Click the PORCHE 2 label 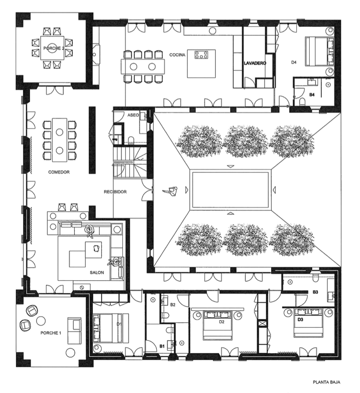[52, 48]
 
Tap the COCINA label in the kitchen [178, 55]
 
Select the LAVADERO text [255, 63]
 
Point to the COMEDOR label [59, 172]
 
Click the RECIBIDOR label [115, 192]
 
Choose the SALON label [97, 272]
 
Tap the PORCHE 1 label [51, 333]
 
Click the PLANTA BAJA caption [326, 382]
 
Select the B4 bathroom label [312, 95]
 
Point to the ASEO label [133, 115]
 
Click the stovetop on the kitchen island [201, 55]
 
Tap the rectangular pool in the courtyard [231, 190]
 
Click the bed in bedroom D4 [319, 51]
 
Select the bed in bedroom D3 [308, 323]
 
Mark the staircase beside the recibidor [129, 162]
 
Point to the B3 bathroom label [315, 292]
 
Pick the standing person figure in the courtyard [171, 191]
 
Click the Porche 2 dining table [53, 48]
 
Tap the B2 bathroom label [173, 305]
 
